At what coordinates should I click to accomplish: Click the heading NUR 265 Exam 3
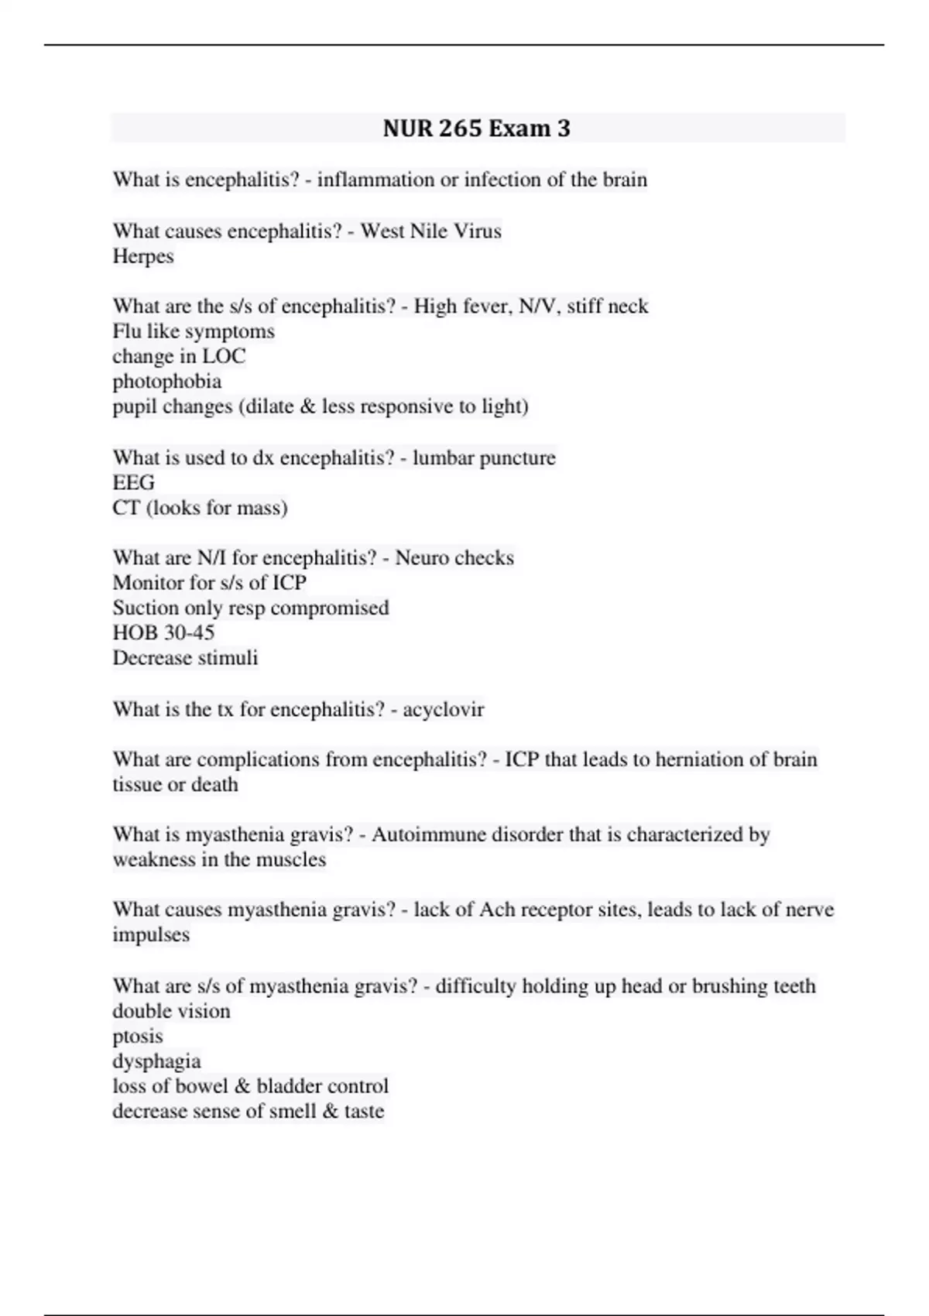476,128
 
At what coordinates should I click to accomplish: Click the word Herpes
143,256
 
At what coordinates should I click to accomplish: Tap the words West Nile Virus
431,231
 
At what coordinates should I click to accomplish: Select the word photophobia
167,381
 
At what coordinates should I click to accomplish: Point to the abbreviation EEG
134,482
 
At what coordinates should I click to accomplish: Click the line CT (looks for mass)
200,508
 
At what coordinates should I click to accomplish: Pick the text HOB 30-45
163,632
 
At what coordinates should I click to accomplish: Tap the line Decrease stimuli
185,658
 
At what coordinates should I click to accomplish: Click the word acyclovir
444,709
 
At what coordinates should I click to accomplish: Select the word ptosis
138,1036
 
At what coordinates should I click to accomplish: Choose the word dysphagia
156,1061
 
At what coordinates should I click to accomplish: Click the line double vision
171,1011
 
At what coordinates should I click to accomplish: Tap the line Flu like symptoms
194,331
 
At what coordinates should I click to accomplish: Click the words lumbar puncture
484,458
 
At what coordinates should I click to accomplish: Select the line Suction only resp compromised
251,608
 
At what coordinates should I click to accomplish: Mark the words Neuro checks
454,557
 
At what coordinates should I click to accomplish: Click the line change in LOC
179,356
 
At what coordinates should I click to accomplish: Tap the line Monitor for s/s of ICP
210,582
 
